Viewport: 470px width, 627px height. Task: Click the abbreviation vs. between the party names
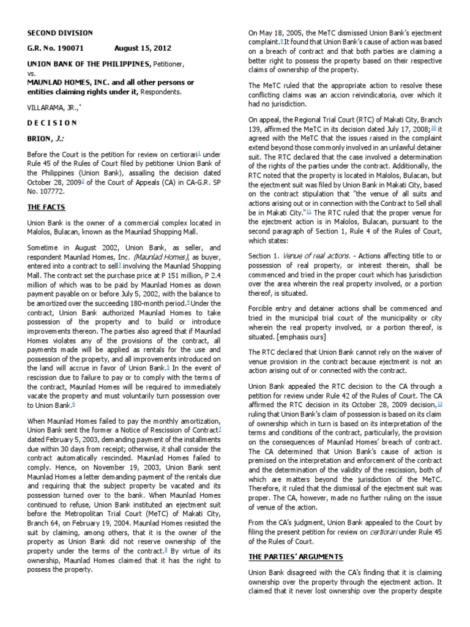(30, 73)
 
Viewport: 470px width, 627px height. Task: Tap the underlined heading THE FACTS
(46, 208)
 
